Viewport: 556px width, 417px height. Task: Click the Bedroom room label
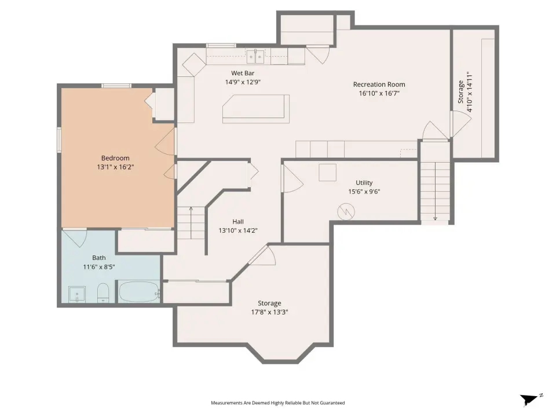[115, 158]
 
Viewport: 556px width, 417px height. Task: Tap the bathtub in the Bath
[139, 291]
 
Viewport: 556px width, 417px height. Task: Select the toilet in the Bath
[103, 293]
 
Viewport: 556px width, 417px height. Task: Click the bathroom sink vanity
[77, 294]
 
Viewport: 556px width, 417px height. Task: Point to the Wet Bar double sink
[255, 56]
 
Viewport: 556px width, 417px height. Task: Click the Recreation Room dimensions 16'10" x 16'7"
[379, 93]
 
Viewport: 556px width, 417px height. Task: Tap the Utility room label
[364, 182]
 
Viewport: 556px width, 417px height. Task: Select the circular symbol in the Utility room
[346, 212]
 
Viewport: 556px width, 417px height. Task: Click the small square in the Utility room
[327, 173]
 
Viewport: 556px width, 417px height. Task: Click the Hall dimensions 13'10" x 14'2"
[238, 231]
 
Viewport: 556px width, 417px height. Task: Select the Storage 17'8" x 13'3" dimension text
[269, 312]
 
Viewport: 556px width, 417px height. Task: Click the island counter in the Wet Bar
[256, 109]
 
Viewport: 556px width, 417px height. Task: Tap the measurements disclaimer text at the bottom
[277, 403]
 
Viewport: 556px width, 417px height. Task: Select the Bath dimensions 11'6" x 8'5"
[99, 266]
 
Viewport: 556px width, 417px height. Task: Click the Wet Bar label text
[243, 73]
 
